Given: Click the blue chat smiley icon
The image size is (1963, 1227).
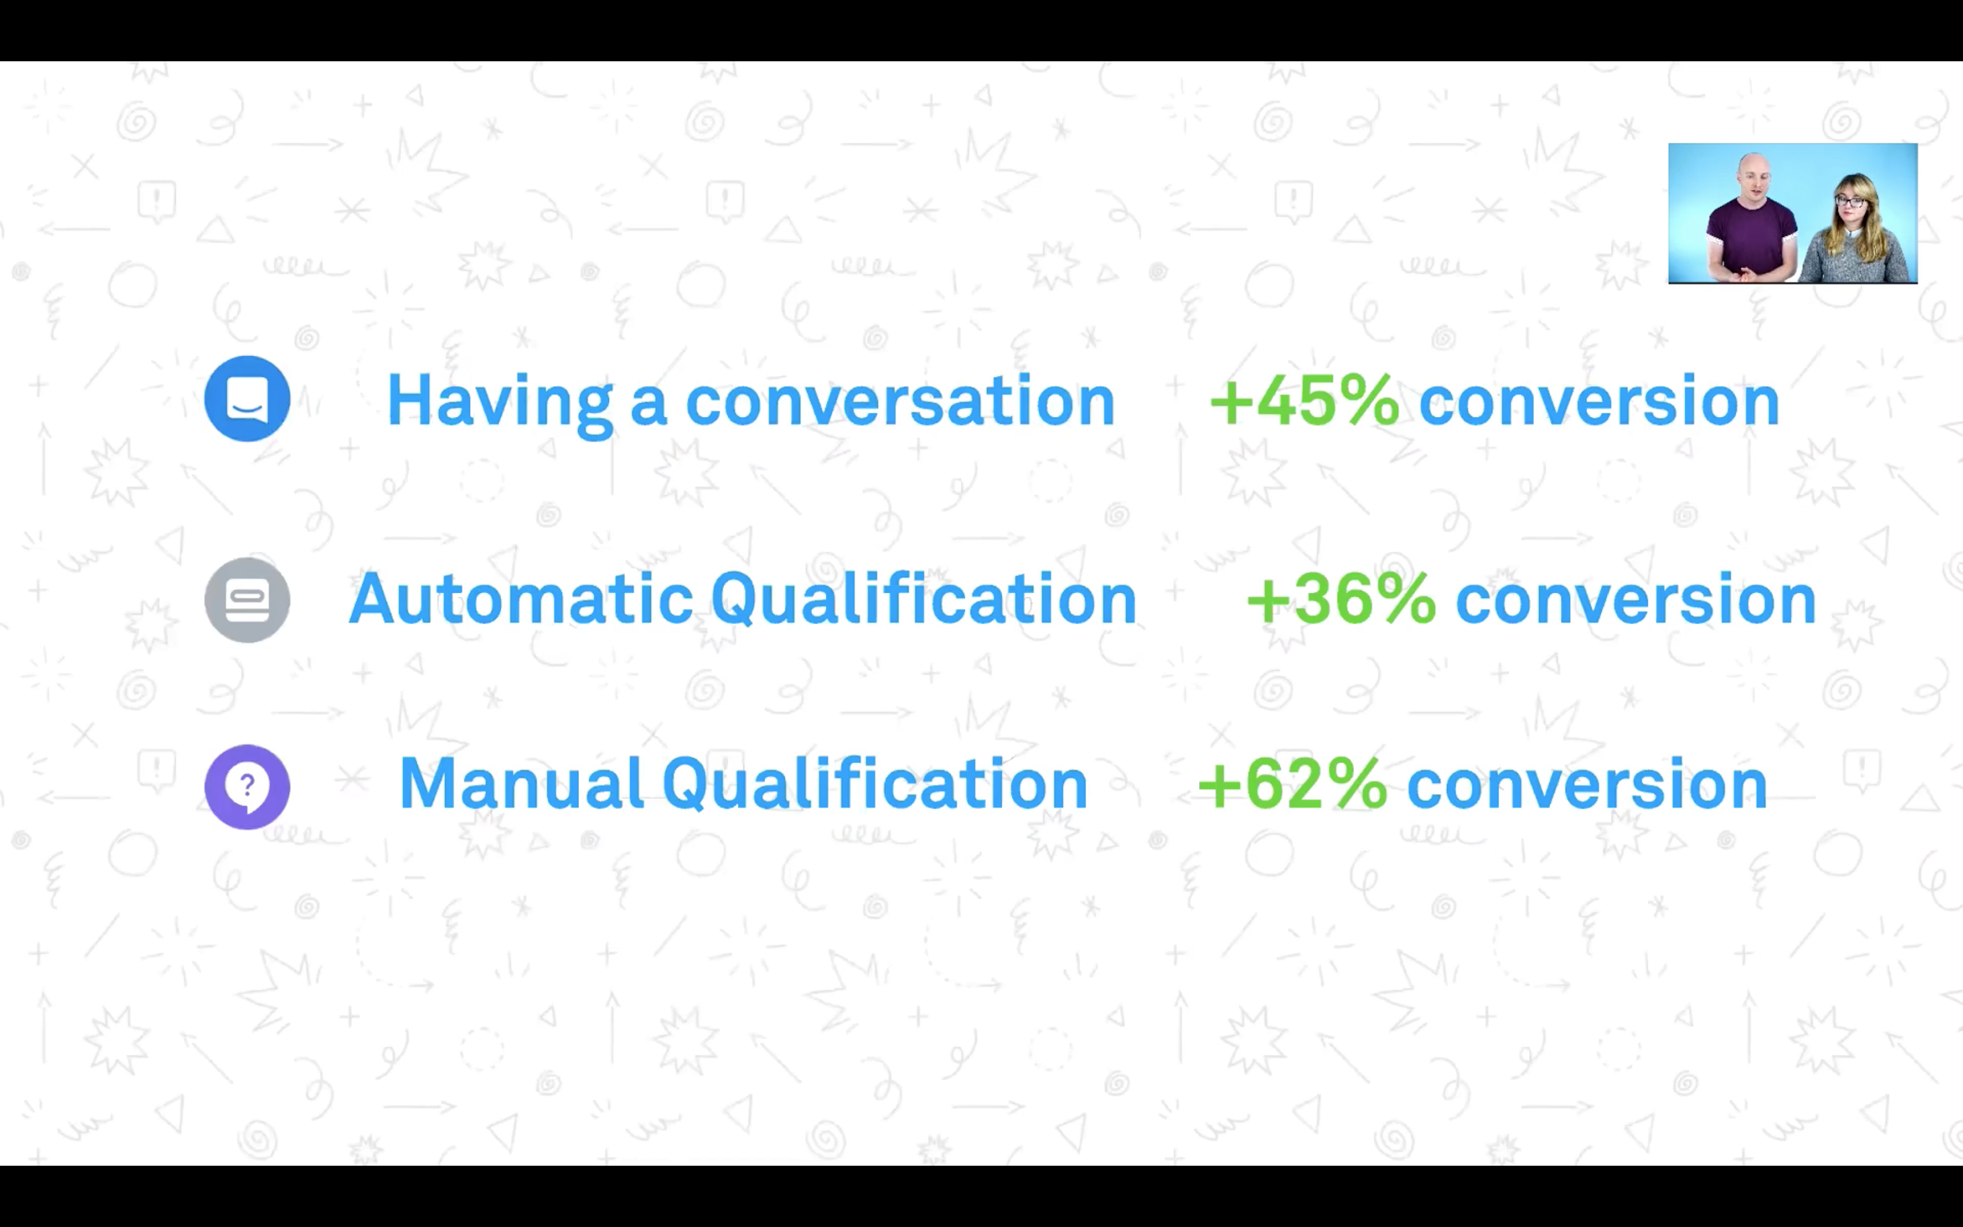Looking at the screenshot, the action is click(247, 398).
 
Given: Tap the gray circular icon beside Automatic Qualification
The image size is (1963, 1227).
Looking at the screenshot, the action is click(247, 600).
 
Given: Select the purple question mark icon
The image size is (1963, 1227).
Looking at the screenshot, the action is click(247, 786).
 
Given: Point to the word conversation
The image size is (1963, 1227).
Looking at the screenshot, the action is click(901, 401).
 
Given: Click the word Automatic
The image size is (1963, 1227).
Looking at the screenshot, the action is click(521, 599).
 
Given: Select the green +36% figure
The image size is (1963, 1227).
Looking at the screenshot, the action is click(1341, 599).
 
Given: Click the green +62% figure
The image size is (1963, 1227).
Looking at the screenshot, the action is click(1292, 784).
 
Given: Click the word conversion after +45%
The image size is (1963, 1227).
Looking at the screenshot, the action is click(1599, 401).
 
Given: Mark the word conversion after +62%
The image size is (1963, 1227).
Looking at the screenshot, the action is click(1587, 785).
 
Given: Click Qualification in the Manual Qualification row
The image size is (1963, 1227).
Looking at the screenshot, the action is click(875, 785).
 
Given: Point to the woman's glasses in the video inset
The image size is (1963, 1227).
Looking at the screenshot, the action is click(1850, 201).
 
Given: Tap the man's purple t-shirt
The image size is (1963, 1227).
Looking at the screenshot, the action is click(1752, 240).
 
